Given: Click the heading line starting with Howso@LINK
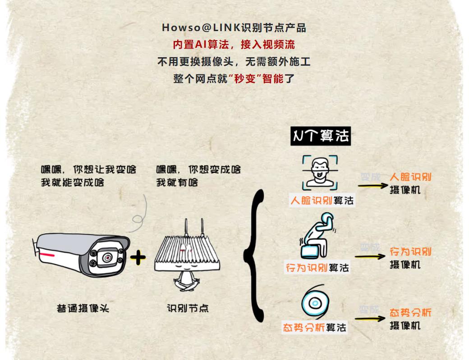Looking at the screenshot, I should (234, 28).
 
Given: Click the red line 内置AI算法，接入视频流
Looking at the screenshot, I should (234, 45).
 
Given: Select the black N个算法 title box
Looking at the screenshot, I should (320, 136).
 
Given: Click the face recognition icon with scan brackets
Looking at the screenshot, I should (320, 173).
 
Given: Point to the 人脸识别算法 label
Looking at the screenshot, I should (322, 200).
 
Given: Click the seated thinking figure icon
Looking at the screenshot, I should (317, 236).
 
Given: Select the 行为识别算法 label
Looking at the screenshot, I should (317, 268).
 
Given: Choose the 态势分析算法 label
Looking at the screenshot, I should (314, 328).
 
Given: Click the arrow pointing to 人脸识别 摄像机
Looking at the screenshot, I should (372, 185).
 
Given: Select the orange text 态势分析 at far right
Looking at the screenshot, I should (410, 313).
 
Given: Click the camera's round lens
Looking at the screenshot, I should (107, 257).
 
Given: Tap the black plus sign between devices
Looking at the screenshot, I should (138, 258).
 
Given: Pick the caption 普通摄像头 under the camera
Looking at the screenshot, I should (83, 309).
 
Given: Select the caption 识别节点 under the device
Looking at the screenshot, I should (188, 309).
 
